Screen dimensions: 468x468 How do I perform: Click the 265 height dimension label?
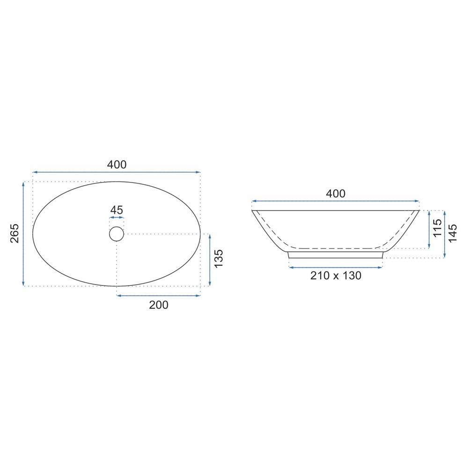(15, 233)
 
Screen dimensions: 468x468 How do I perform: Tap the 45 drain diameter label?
(117, 210)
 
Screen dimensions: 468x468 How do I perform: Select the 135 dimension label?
(219, 258)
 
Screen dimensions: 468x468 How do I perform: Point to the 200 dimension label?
(159, 305)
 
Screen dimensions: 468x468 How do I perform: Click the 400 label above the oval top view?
(117, 164)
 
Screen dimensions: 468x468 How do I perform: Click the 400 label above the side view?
(336, 194)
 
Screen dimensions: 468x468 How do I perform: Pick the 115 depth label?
(437, 228)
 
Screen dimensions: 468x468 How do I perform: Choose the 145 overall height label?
(453, 234)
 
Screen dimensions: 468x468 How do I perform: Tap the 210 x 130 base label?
(336, 276)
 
